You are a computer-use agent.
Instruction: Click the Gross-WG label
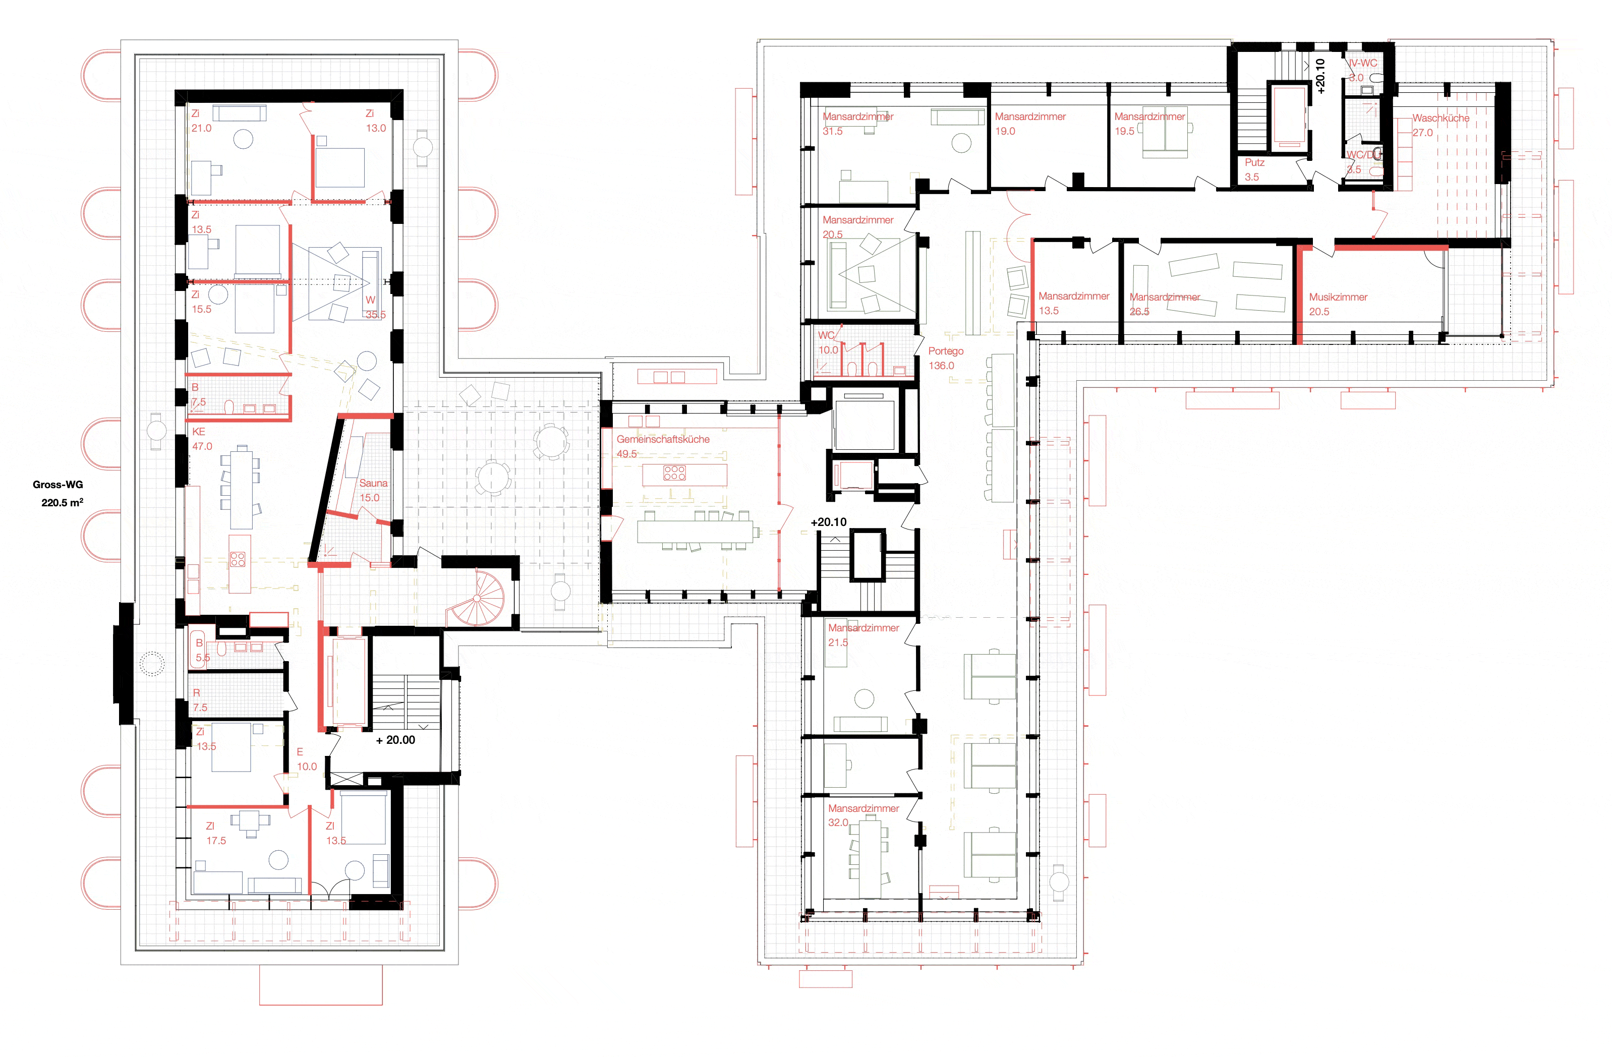coord(57,485)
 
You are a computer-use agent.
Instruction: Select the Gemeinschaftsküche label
coord(662,439)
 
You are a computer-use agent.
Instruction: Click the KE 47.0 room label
coord(201,439)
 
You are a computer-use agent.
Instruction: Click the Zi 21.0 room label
coord(200,121)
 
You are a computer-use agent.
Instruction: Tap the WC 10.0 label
coord(827,342)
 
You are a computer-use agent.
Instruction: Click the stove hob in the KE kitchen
coord(237,559)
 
